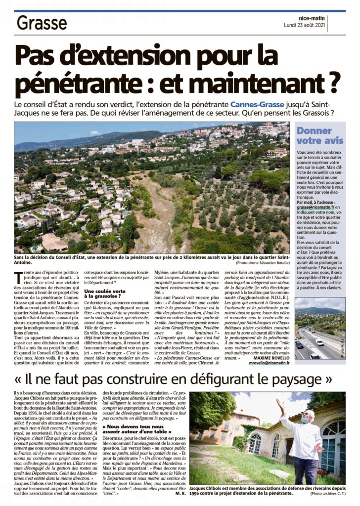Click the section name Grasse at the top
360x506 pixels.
pos(42,23)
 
